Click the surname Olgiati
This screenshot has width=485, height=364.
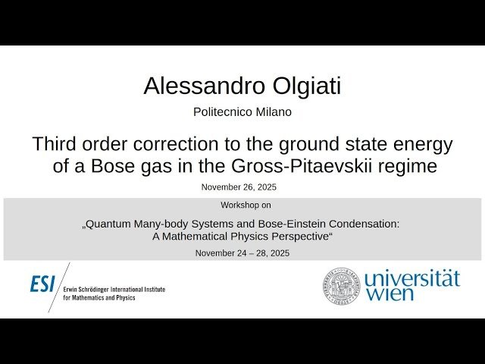[303, 86]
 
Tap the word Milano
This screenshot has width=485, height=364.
[271, 111]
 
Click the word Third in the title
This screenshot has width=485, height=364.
[55, 143]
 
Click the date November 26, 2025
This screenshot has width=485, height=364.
[239, 187]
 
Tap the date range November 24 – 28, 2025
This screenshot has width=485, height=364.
[242, 253]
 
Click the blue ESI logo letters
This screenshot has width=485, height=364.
[42, 284]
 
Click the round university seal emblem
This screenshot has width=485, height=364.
[342, 285]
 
